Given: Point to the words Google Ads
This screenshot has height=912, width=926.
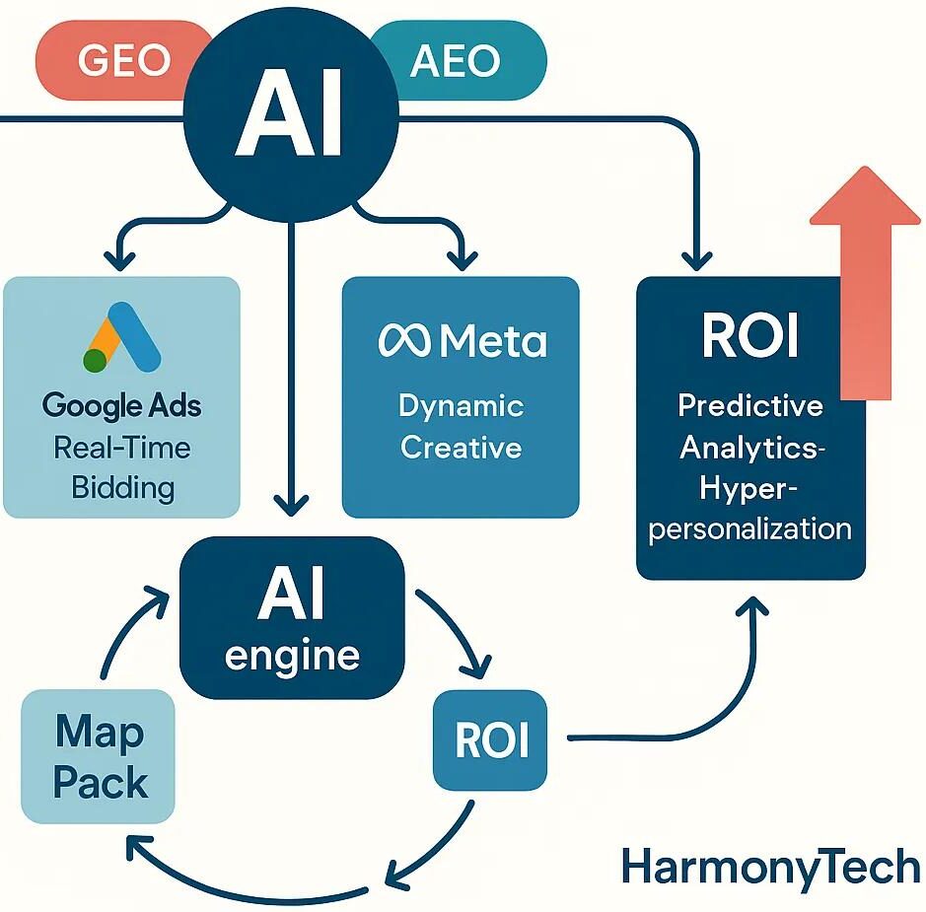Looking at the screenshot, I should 122,404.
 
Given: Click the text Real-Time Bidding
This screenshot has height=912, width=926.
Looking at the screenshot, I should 122,467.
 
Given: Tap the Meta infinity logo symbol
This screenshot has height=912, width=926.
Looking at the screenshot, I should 404,341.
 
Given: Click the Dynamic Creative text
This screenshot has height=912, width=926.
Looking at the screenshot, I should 461,426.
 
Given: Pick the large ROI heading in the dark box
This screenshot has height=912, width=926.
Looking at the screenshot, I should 749,338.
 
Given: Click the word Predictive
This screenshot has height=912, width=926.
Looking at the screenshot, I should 751,405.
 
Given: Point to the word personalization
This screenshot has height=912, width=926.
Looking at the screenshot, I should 751,527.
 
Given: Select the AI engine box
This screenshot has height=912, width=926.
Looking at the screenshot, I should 292,617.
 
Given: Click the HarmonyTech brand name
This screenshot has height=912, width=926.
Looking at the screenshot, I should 772,867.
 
